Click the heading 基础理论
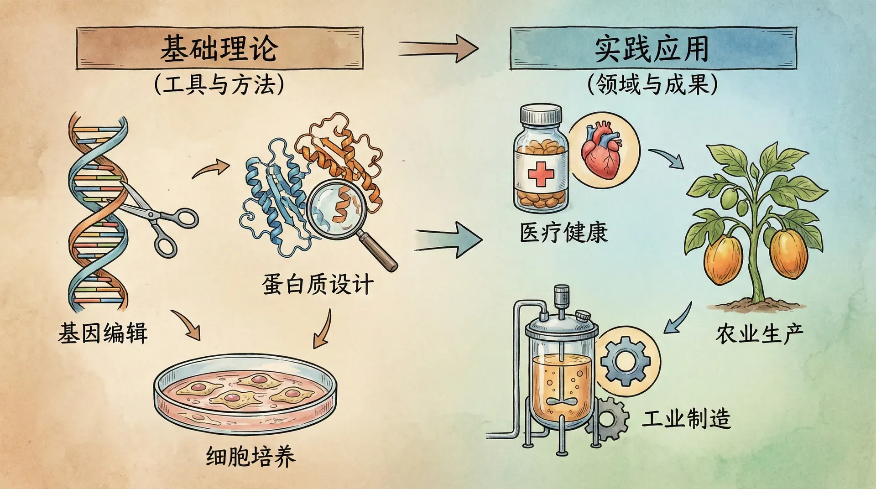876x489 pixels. click(x=219, y=48)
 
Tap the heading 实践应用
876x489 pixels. click(x=652, y=48)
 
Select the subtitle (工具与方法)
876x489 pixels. click(x=219, y=85)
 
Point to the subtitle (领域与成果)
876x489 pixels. click(x=652, y=85)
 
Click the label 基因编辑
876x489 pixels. click(x=103, y=333)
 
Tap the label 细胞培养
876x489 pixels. click(x=251, y=456)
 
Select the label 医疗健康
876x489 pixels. click(x=564, y=233)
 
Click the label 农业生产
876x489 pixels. click(x=759, y=334)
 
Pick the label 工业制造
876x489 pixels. click(x=686, y=419)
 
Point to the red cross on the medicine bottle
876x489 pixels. click(x=541, y=174)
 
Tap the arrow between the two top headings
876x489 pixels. click(x=438, y=48)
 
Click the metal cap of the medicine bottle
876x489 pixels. click(x=541, y=114)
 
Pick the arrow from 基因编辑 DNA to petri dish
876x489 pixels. click(x=187, y=325)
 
